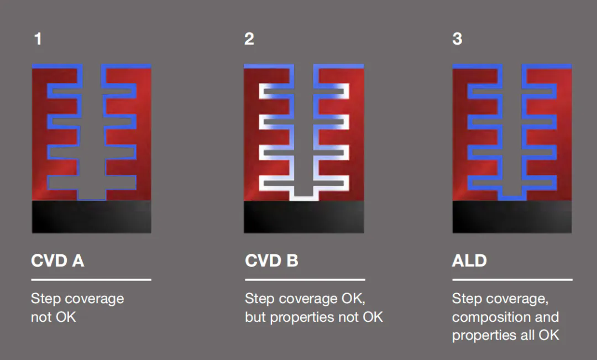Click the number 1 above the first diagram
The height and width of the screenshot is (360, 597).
click(38, 39)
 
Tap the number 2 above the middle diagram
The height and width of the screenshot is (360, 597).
click(249, 39)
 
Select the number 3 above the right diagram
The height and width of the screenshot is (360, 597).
click(457, 39)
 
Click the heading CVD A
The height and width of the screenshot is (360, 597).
click(57, 260)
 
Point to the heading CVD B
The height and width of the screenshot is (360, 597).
click(271, 260)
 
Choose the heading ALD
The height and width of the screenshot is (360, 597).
click(469, 260)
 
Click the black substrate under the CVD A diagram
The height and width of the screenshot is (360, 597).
click(91, 216)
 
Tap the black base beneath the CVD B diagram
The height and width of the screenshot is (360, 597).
click(304, 216)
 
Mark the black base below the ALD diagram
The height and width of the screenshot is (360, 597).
click(512, 216)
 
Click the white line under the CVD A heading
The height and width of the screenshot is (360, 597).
click(91, 280)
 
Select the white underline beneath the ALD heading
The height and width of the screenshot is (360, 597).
click(512, 280)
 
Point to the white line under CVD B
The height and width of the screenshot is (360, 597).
click(305, 280)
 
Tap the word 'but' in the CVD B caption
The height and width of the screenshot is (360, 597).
click(255, 317)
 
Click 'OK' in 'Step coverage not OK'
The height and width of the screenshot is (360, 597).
click(66, 317)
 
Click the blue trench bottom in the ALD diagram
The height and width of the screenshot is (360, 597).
click(512, 198)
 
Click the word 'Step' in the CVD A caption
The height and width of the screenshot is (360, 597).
click(45, 299)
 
